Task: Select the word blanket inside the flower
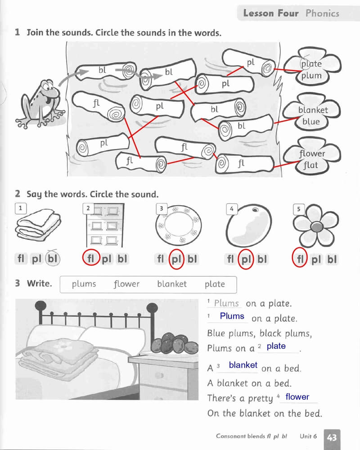tap(313, 110)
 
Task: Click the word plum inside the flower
tap(311, 75)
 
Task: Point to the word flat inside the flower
tap(310, 165)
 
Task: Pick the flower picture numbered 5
tap(317, 225)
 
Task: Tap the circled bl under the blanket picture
tap(53, 259)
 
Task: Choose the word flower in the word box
tap(126, 284)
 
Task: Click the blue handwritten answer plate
tap(276, 346)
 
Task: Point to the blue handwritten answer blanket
tap(243, 365)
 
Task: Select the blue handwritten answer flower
tap(297, 397)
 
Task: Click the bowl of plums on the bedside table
tap(174, 344)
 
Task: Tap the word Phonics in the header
tap(322, 13)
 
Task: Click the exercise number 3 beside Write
tap(18, 283)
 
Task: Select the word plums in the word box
tap(84, 284)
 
